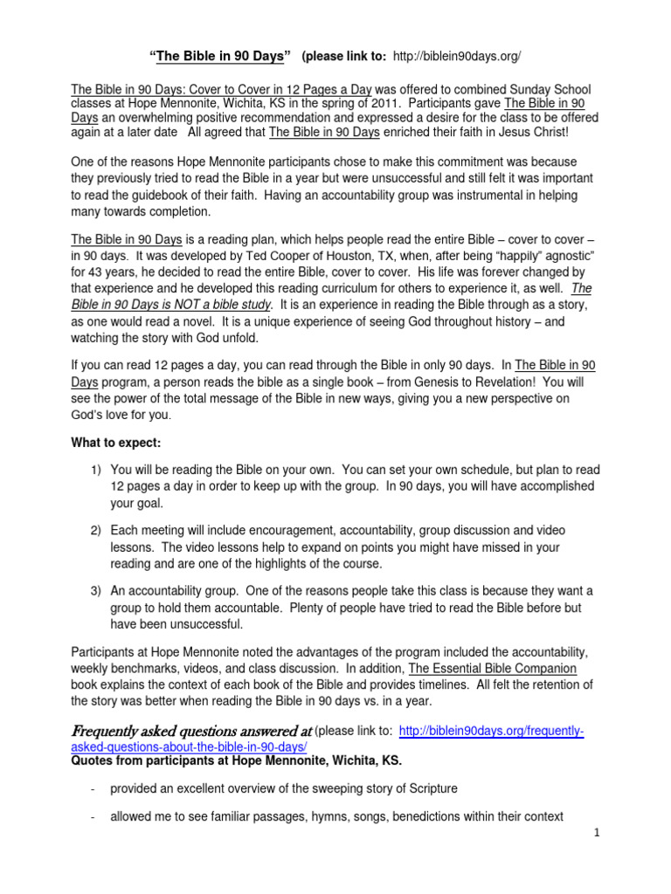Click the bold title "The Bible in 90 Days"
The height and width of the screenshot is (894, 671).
tap(220, 57)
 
